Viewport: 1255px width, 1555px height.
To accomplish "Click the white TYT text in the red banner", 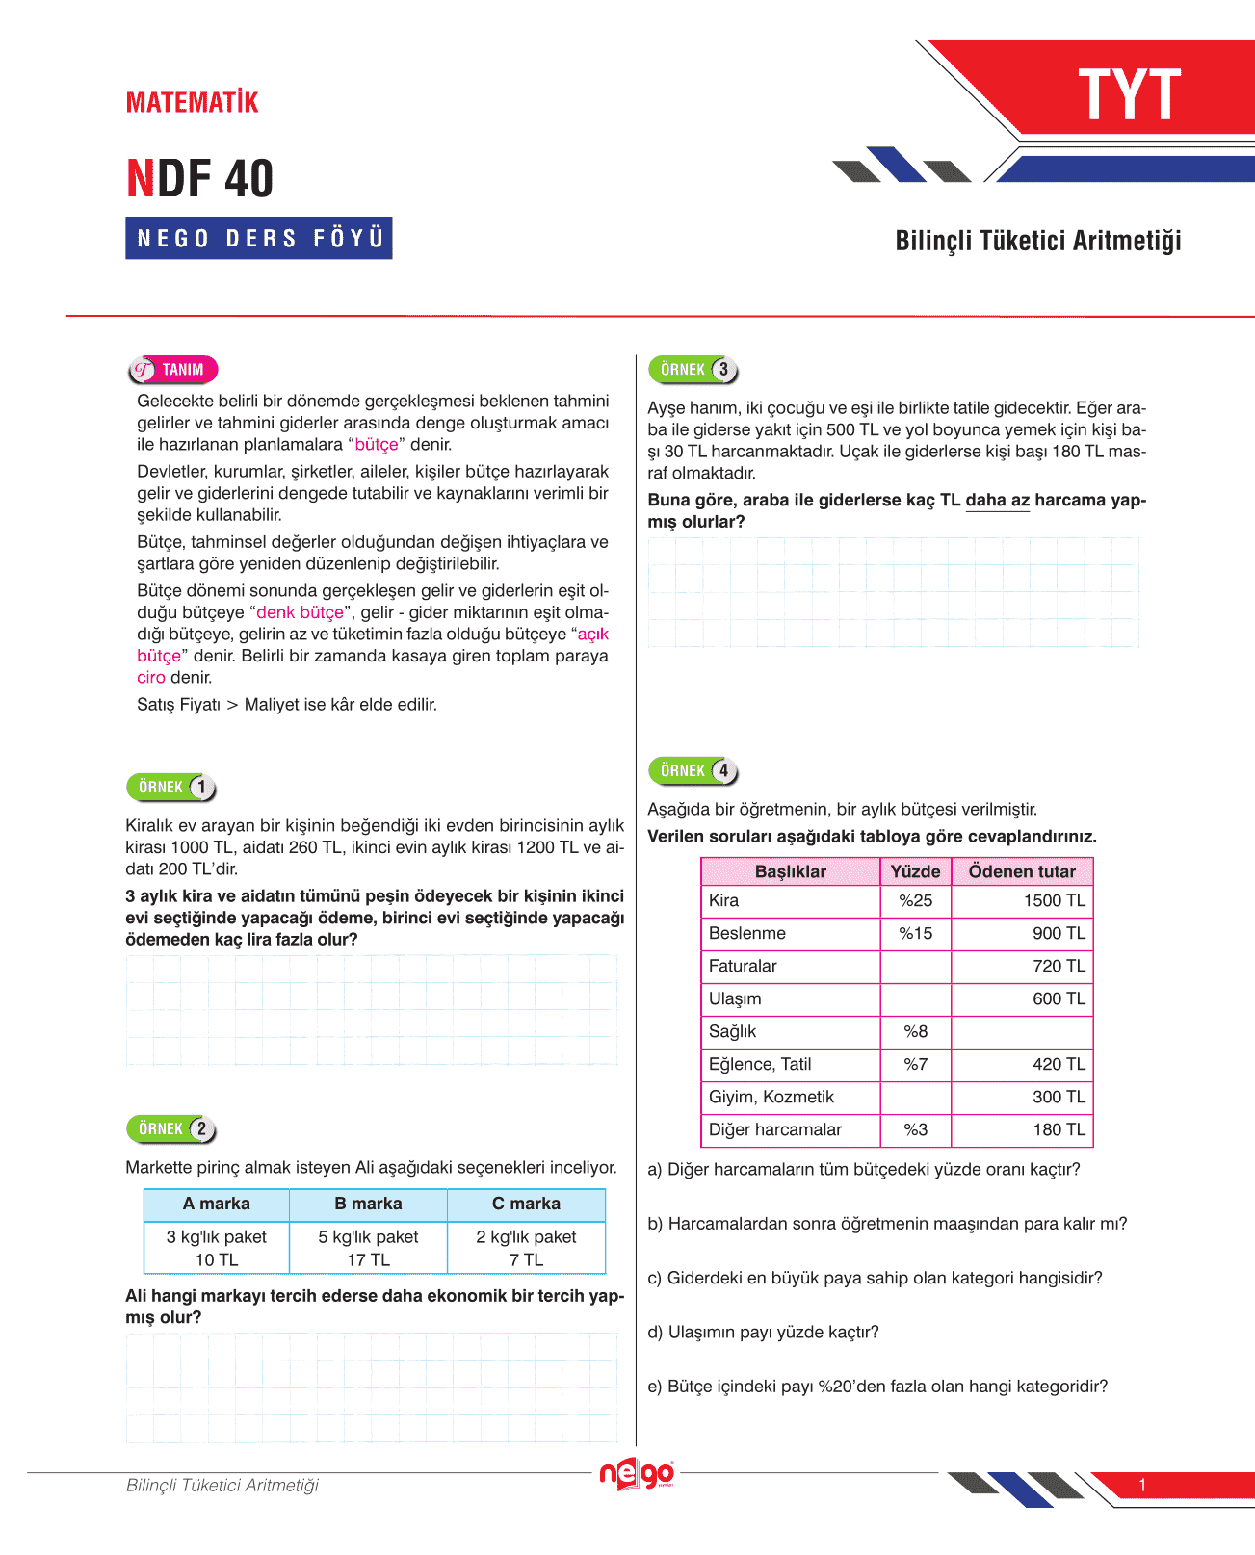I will (1129, 95).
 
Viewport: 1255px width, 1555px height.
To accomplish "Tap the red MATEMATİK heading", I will (193, 103).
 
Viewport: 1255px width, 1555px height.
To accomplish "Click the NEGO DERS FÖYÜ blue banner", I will (259, 238).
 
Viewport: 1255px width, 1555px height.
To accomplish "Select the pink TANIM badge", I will (173, 370).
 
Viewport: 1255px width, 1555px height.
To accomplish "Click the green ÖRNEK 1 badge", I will (171, 788).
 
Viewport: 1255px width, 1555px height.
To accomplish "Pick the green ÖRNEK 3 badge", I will (693, 370).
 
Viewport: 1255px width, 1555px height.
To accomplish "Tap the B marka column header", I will (368, 1204).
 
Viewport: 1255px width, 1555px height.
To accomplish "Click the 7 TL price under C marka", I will (526, 1259).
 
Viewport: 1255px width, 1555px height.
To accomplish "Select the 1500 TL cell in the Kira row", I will (1054, 900).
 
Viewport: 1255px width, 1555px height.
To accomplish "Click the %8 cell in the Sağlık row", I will (915, 1031).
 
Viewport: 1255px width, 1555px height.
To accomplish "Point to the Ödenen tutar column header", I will (1021, 871).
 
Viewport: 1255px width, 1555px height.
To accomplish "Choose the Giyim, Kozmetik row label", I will (771, 1097).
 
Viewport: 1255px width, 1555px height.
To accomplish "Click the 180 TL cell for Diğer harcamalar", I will (1059, 1129).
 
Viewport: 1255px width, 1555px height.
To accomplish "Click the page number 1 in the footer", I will (1142, 1485).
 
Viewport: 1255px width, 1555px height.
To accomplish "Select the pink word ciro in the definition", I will (151, 677).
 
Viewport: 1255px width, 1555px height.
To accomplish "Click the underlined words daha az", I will (997, 500).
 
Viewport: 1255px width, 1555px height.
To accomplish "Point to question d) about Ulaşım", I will (763, 1332).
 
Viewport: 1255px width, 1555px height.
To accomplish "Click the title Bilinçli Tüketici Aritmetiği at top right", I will (1037, 241).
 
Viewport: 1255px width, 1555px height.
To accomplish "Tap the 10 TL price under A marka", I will (216, 1259).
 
